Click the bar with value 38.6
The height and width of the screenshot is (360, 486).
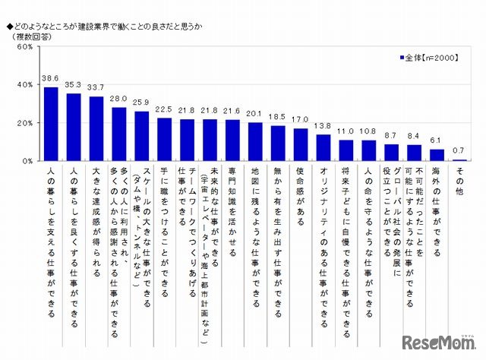coord(51,124)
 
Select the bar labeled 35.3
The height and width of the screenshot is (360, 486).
coord(74,127)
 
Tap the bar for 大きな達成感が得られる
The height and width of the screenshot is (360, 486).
coord(96,128)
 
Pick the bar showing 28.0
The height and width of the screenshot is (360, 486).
coord(119,134)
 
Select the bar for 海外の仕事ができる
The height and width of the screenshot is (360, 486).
coord(437,155)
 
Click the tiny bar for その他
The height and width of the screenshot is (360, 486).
coord(459,159)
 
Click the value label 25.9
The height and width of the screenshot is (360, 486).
coord(142,103)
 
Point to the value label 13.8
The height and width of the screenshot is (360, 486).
coord(323,126)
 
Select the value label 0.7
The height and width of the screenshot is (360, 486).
coord(459,151)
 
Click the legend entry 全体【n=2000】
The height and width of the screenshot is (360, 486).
coord(430,57)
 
